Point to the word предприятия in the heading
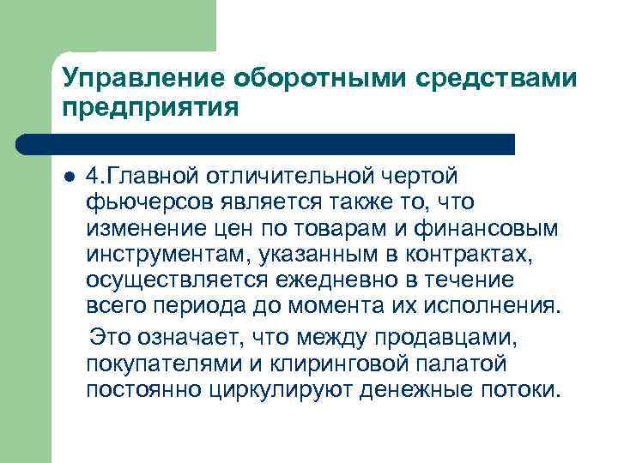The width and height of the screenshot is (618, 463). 148,109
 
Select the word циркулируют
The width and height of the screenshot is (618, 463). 261,389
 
